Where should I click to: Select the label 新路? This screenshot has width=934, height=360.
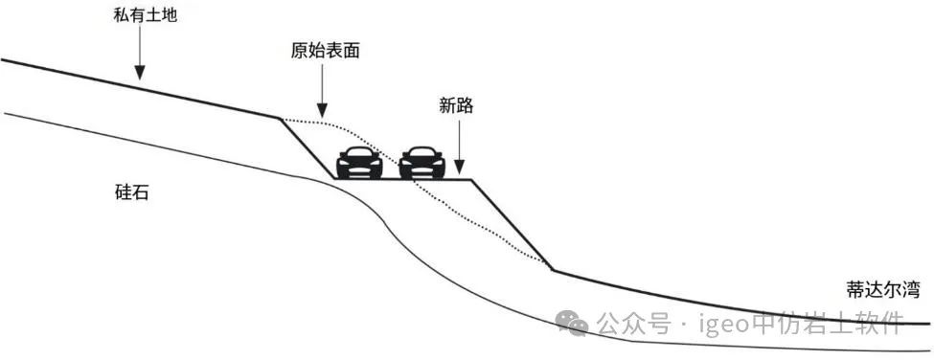pos(456,105)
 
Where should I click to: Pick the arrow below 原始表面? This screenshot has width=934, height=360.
pos(323,96)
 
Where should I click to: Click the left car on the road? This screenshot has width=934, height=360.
pos(359,164)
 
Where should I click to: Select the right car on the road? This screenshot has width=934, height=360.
pos(422,164)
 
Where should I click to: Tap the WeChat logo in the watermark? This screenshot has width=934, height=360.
pos(578,326)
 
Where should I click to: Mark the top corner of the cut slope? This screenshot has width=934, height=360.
pos(281,119)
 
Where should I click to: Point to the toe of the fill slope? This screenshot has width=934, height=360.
pos(552,270)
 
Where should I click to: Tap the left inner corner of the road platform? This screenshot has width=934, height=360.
pos(335,179)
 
